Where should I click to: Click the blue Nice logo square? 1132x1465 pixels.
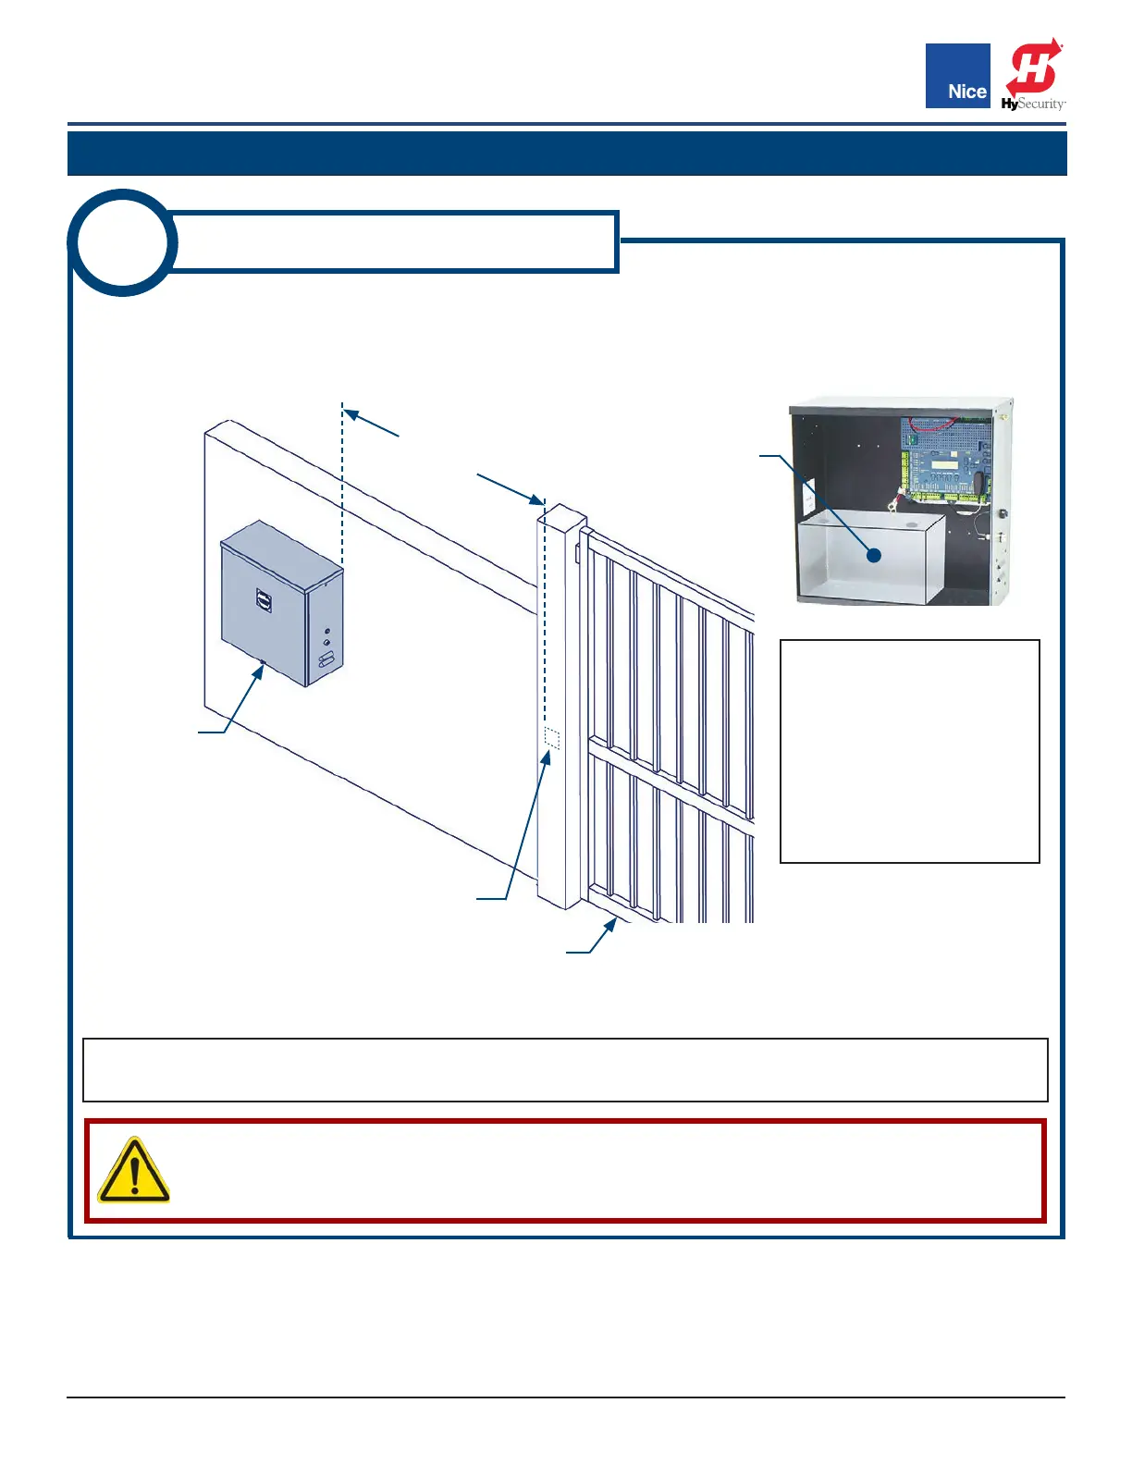pos(957,76)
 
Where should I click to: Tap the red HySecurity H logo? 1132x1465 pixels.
pos(1034,69)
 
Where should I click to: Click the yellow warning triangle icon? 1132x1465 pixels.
pos(133,1171)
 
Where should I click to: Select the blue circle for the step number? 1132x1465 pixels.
pos(122,242)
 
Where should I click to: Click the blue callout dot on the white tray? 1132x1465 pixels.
pos(873,556)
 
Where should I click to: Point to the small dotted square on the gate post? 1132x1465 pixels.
pos(551,738)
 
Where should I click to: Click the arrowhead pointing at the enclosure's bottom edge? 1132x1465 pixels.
pos(260,670)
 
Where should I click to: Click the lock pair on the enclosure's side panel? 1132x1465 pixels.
pos(326,638)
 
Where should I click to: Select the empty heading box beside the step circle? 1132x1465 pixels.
pos(396,242)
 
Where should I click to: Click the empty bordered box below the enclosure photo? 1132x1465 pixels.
pos(910,751)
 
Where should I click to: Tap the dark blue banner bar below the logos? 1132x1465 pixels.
pos(567,154)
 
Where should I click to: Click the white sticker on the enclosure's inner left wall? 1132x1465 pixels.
pos(807,499)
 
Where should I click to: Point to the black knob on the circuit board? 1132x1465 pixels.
pos(977,482)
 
